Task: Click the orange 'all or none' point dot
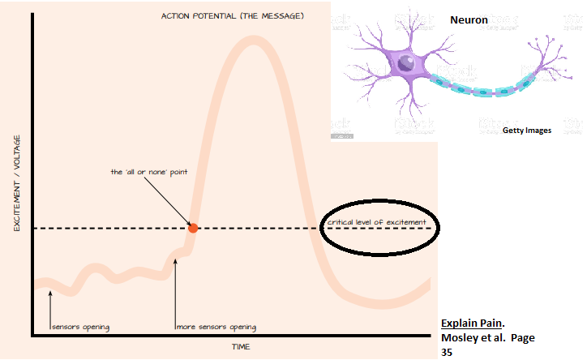(x=193, y=228)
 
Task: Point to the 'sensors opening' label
(x=80, y=328)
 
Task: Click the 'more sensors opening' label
(x=216, y=328)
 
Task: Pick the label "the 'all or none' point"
(x=147, y=172)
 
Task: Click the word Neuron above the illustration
(x=469, y=19)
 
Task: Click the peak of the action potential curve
(x=253, y=41)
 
